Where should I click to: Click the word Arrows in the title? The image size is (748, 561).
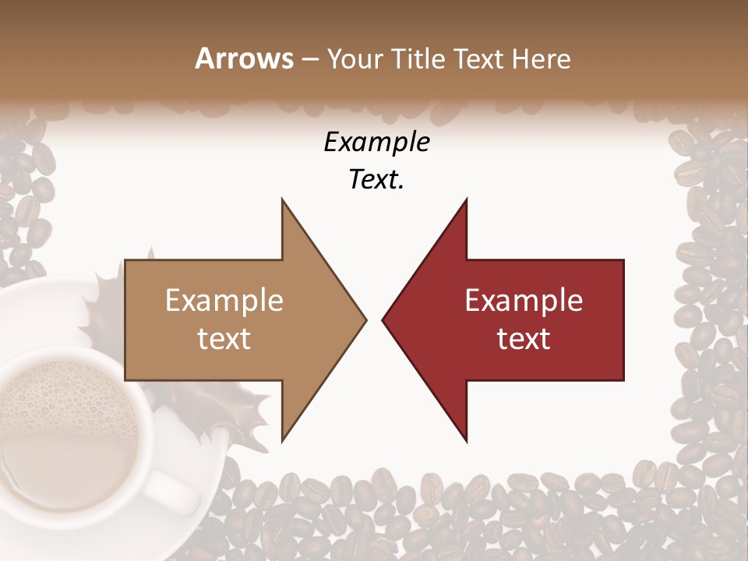(244, 58)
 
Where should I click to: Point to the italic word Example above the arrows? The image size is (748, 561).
(376, 142)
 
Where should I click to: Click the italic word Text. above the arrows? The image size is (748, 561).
(376, 180)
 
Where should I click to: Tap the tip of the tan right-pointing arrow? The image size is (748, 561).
(365, 319)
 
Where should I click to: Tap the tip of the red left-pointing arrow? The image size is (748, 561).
(383, 319)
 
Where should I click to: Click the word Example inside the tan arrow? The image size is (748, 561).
(224, 301)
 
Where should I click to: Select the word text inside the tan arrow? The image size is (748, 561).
(224, 339)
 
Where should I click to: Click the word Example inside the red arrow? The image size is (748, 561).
(524, 301)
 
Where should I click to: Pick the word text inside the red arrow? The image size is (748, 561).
(524, 339)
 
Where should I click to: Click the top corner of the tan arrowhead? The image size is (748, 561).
(282, 200)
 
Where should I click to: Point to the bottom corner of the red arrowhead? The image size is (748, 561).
(466, 441)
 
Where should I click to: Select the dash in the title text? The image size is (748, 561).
(309, 59)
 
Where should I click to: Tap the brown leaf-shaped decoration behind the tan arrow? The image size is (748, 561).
(105, 304)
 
